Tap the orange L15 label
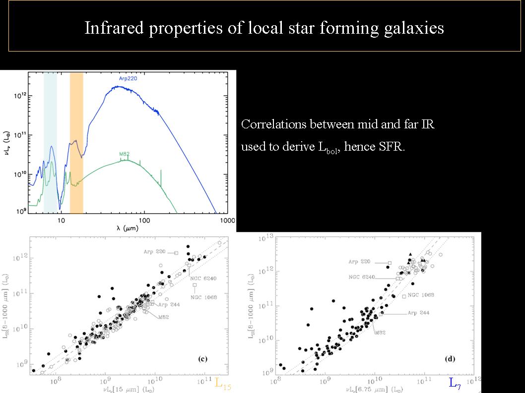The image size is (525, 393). [223, 383]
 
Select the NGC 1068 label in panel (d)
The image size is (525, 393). [421, 295]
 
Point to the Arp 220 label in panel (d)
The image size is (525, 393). [360, 262]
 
